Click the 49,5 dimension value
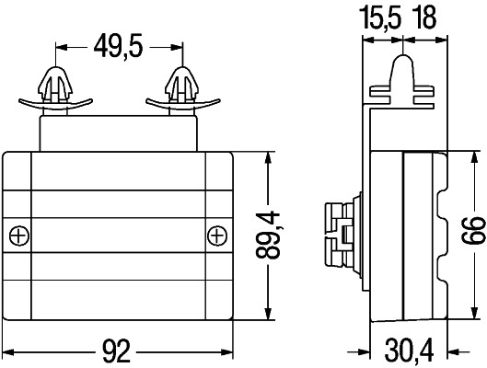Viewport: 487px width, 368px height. point(119,47)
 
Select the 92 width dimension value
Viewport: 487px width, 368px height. point(117,351)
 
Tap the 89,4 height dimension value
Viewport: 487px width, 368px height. point(267,235)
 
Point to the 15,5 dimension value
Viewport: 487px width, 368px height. point(380,18)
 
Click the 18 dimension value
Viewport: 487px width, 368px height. point(424,17)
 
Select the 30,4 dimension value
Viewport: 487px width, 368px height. point(409,351)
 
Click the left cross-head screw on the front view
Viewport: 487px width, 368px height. point(19,236)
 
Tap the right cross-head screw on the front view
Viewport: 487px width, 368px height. point(217,236)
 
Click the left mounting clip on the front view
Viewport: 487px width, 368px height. point(55,90)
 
